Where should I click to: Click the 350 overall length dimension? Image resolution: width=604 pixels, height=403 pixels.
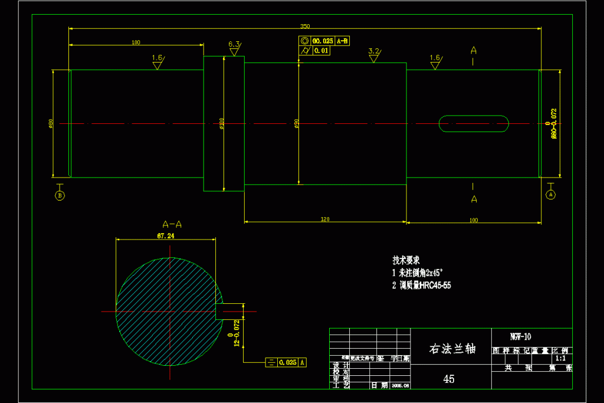[x=305, y=26]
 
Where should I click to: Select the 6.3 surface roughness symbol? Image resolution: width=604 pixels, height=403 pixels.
[x=234, y=45]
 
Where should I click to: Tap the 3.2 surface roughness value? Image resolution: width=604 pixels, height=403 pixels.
[x=373, y=51]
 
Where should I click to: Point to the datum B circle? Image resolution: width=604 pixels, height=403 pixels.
[x=60, y=195]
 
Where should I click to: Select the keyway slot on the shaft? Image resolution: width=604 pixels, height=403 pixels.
[x=474, y=124]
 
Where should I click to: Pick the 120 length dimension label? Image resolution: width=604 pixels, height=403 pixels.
[x=325, y=219]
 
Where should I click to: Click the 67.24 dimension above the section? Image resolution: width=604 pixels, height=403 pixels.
[x=166, y=235]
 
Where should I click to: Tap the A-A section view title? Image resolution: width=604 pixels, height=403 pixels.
[x=172, y=224]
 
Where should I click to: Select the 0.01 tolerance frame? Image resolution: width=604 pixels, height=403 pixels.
[x=321, y=51]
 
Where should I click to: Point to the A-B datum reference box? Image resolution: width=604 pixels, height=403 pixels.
[x=343, y=41]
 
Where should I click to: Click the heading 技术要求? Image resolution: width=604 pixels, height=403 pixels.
[x=406, y=260]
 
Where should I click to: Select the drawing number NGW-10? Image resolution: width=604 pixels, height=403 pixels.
[x=520, y=337]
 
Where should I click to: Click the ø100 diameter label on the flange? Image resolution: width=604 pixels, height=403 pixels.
[x=222, y=123]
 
